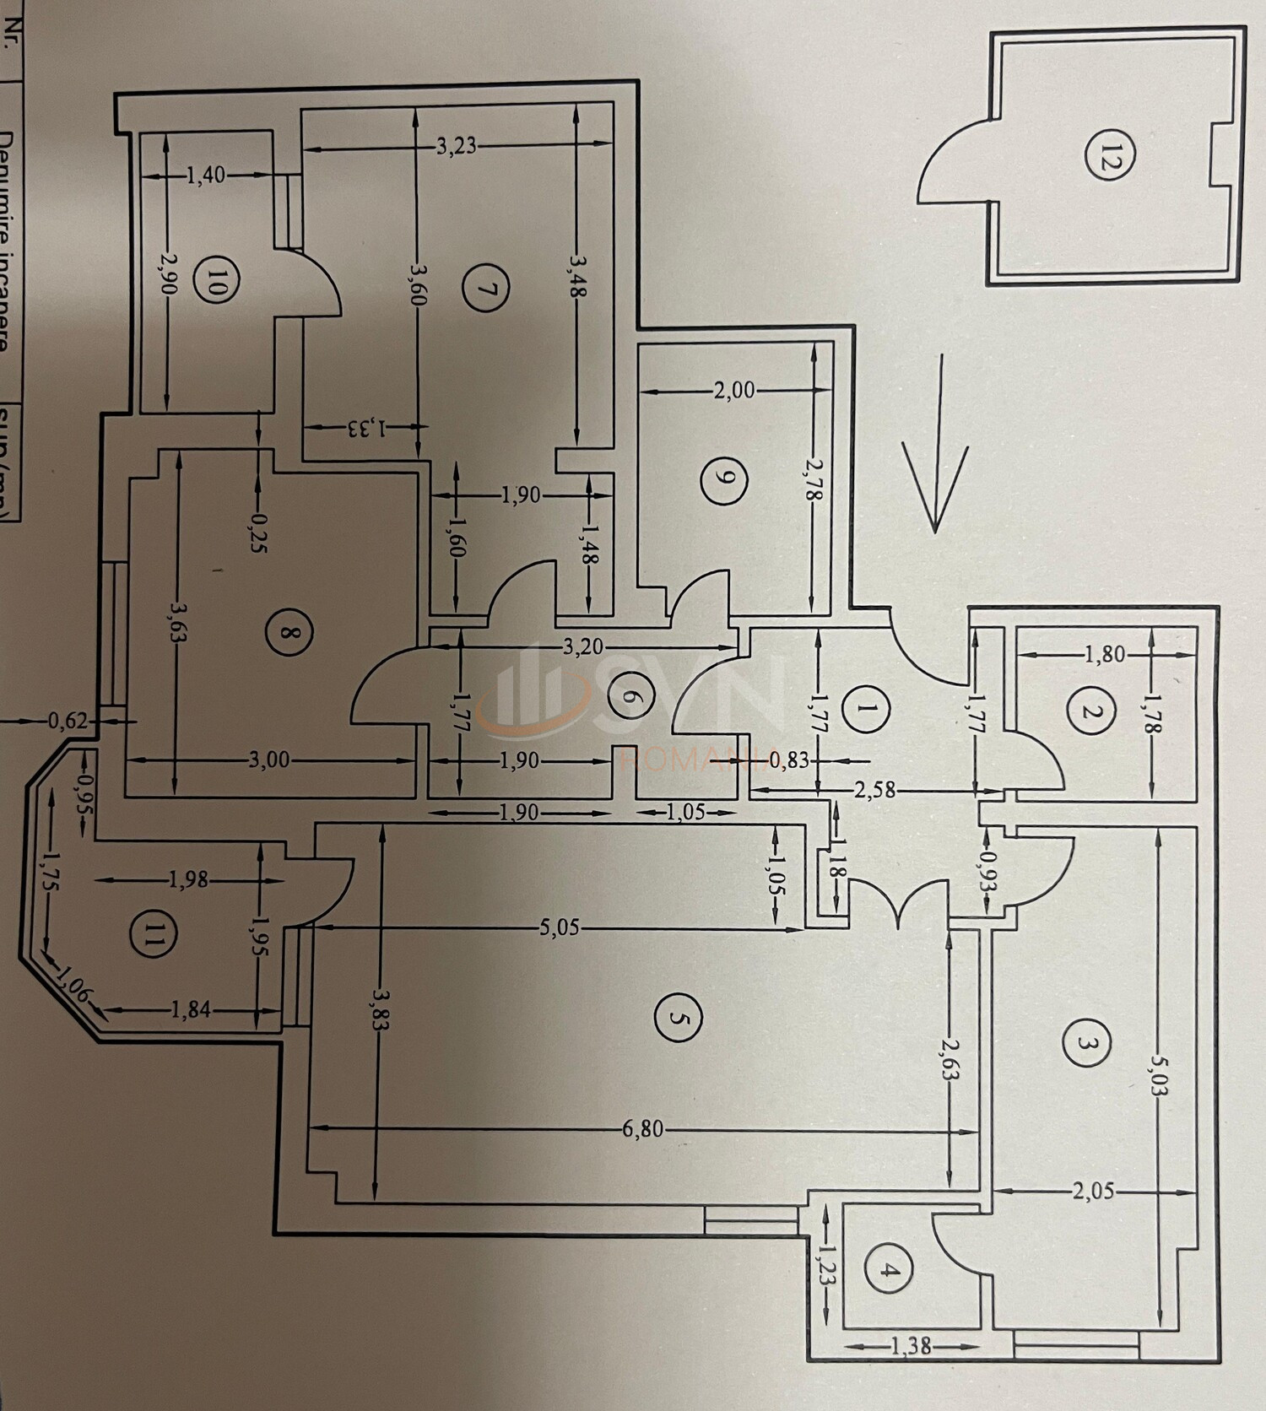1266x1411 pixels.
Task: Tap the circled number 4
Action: (885, 1272)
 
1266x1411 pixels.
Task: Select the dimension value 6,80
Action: (643, 1129)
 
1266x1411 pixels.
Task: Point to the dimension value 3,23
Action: (457, 147)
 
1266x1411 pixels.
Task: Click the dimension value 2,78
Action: (814, 481)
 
